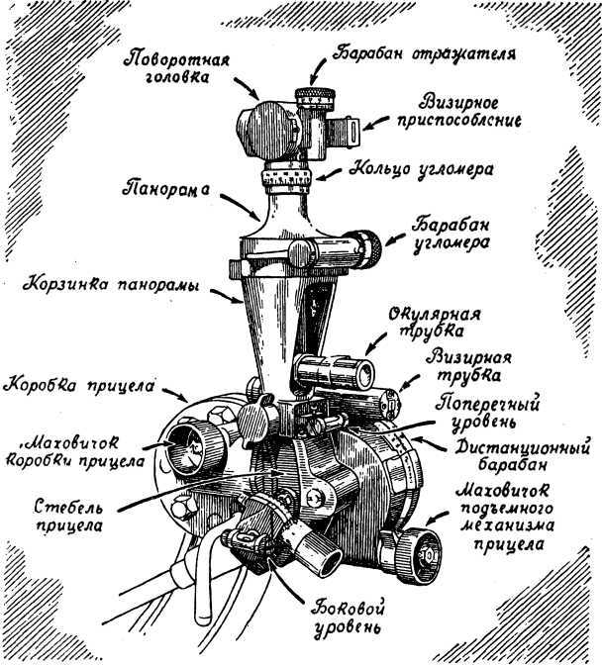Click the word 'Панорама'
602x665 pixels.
(x=165, y=187)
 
